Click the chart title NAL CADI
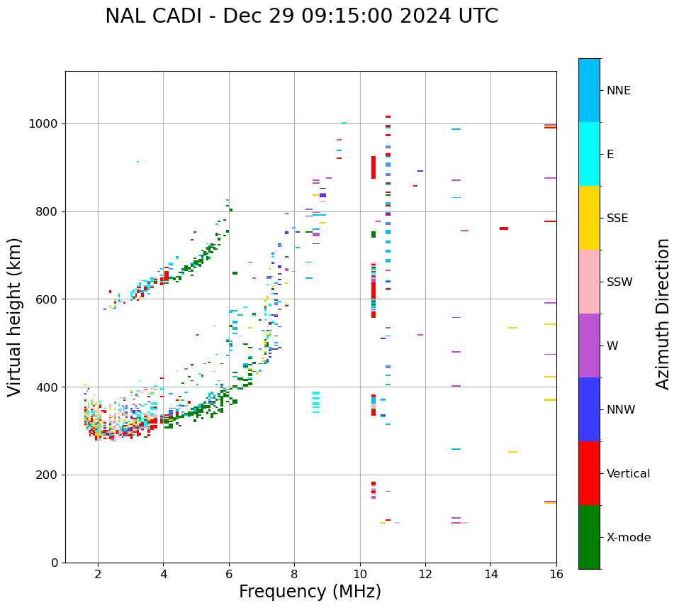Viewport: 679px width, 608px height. click(x=301, y=16)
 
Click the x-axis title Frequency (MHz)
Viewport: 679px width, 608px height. click(x=310, y=592)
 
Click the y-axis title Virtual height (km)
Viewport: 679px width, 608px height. click(x=15, y=316)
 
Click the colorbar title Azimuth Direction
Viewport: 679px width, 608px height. click(x=663, y=313)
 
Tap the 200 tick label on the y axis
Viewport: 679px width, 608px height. click(x=50, y=475)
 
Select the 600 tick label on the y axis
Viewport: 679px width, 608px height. click(x=50, y=299)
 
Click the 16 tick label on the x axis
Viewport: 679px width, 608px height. click(x=556, y=574)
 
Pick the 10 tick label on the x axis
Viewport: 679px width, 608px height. click(x=359, y=574)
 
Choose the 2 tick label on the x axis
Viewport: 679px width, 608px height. click(x=98, y=574)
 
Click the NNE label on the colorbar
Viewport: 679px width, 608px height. click(x=618, y=91)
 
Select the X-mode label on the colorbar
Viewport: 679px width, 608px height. click(x=628, y=538)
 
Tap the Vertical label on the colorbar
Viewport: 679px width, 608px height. click(x=628, y=474)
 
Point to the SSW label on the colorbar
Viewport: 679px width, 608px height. click(x=619, y=282)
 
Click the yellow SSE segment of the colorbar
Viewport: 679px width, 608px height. click(x=589, y=218)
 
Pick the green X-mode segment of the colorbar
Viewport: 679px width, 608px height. click(x=589, y=537)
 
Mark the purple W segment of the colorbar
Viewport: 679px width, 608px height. click(x=589, y=346)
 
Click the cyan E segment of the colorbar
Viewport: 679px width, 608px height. click(x=589, y=154)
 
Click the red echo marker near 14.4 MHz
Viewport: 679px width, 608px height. click(x=503, y=228)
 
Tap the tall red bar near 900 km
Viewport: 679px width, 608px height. click(x=374, y=167)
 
